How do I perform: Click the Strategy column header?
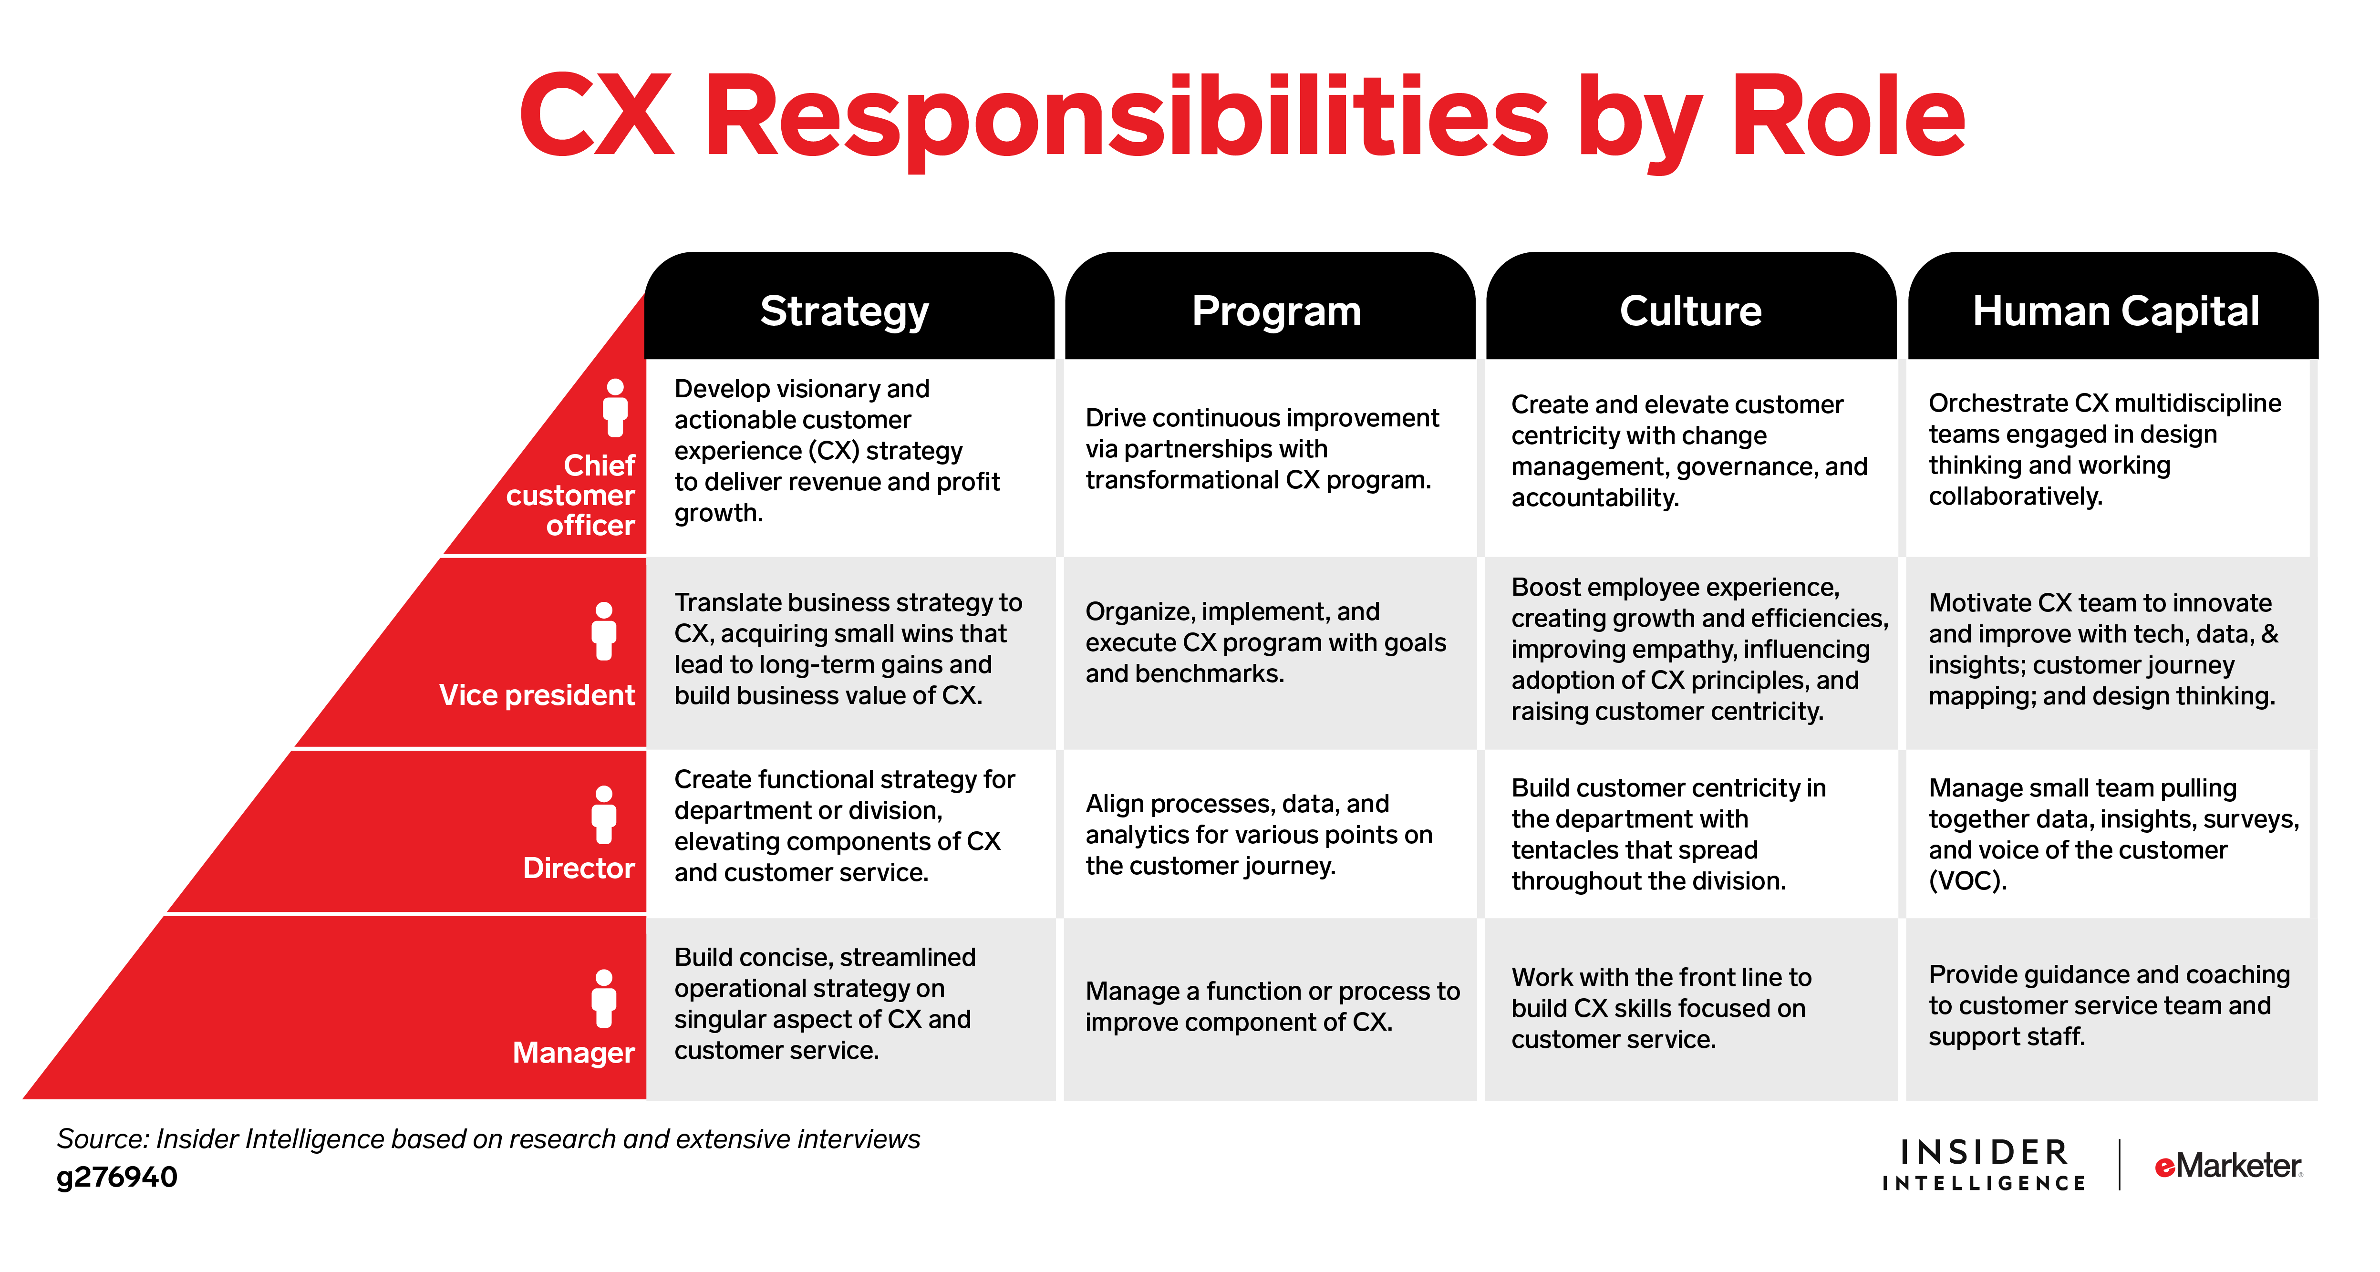[x=845, y=311]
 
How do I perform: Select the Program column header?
[x=1276, y=311]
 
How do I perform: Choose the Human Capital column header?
[x=2115, y=311]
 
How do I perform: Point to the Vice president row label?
[x=537, y=694]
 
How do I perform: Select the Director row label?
[x=579, y=869]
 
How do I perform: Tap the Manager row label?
[x=573, y=1052]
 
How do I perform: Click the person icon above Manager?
[x=604, y=999]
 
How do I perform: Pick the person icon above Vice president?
[x=604, y=631]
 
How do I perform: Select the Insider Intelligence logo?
[x=1984, y=1165]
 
